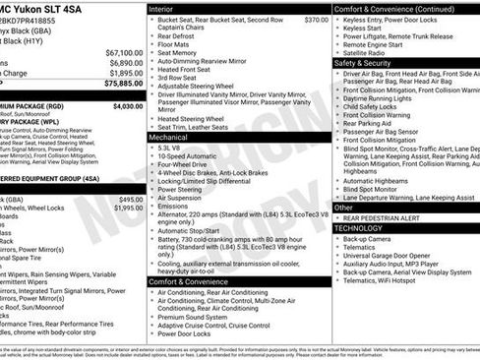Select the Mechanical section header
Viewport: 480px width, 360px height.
coord(170,138)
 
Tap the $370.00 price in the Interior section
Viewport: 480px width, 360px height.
coord(316,20)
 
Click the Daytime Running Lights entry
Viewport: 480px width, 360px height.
coord(383,99)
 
